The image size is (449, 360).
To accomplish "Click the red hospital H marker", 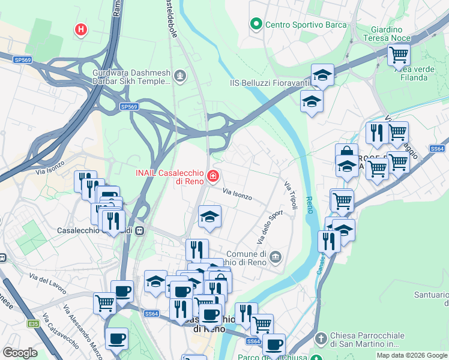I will click(80, 29).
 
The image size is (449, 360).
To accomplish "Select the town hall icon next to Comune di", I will click(275, 257).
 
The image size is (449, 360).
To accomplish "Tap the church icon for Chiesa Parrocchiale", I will click(321, 339).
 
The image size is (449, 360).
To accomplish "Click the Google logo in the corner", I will click(20, 352).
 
